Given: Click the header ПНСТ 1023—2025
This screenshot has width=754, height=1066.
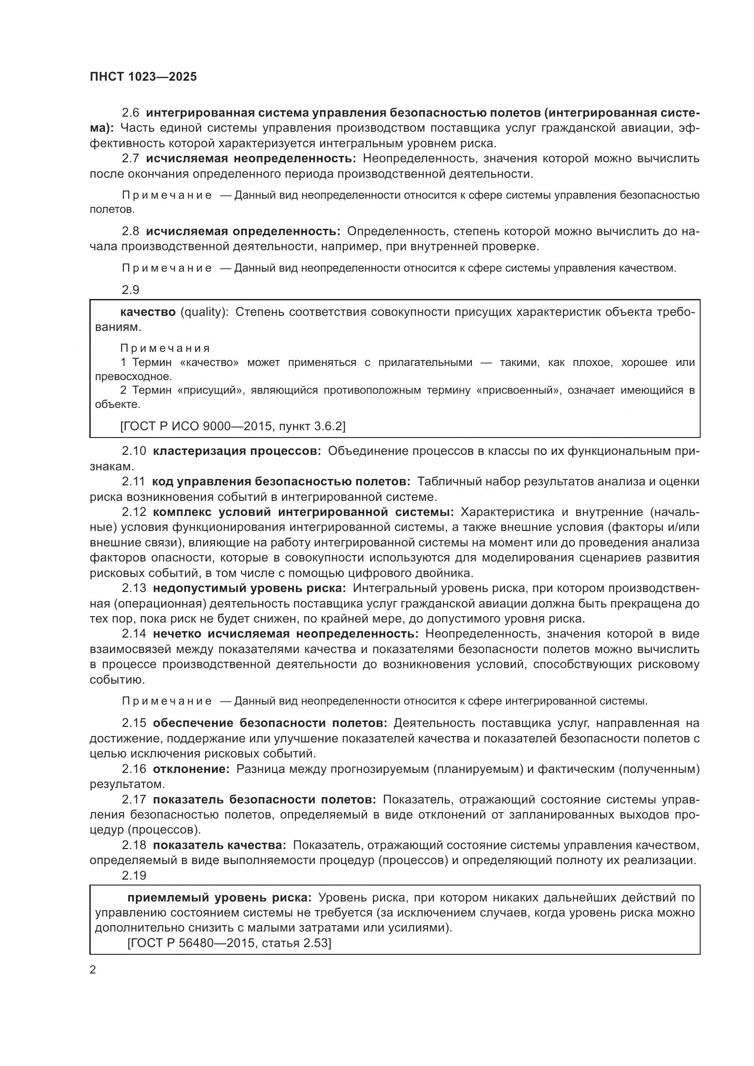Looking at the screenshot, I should click(143, 77).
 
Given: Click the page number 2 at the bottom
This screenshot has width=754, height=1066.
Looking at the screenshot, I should click(93, 970).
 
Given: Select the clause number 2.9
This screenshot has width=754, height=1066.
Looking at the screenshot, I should click(130, 290).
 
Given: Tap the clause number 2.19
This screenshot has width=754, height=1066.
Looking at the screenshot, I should click(134, 875).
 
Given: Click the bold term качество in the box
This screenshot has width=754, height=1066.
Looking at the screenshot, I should click(148, 312).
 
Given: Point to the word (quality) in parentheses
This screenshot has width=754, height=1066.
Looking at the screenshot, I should click(204, 312).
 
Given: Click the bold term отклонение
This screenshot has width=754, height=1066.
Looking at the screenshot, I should click(191, 769).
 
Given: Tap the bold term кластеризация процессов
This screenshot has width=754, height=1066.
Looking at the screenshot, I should click(236, 451).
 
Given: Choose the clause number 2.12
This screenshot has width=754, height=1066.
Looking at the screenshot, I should click(134, 512).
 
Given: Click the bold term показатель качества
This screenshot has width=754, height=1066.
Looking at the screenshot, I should click(219, 845).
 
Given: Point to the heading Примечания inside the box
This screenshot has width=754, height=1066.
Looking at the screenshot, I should click(165, 348).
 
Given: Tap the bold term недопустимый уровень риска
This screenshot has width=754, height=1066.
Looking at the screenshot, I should click(249, 588).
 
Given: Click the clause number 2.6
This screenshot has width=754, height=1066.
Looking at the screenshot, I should click(130, 113).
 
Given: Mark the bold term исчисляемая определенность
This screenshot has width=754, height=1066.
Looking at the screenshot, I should click(243, 231).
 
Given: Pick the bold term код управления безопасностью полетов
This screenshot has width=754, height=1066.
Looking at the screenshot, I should click(280, 481).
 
